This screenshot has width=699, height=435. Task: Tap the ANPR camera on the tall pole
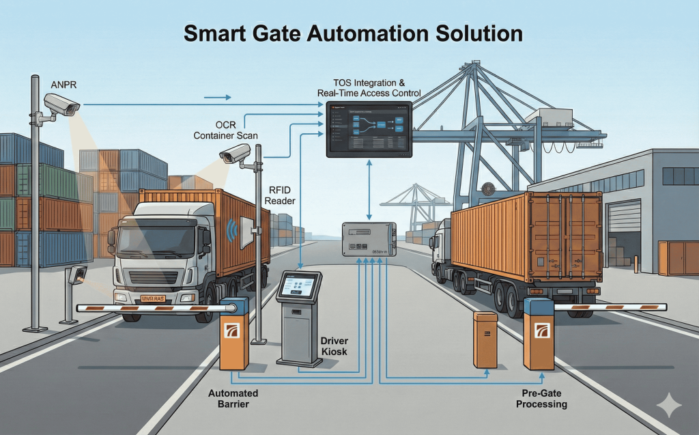[x=62, y=104]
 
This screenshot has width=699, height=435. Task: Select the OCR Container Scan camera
[x=236, y=154]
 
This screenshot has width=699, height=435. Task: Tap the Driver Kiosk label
[x=334, y=345]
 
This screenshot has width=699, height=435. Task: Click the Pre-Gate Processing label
[x=541, y=399]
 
